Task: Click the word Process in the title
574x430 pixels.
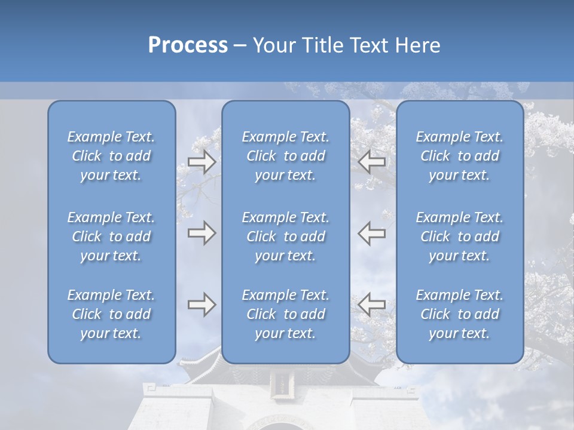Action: pyautogui.click(x=188, y=45)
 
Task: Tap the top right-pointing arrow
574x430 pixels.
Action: pyautogui.click(x=202, y=161)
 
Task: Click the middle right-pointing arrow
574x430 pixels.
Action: pyautogui.click(x=202, y=232)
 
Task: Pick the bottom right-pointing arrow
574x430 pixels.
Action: pyautogui.click(x=202, y=305)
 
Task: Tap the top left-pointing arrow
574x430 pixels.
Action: pyautogui.click(x=372, y=161)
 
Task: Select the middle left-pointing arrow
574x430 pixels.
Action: pyautogui.click(x=372, y=232)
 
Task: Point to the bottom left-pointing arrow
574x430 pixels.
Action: pyautogui.click(x=372, y=305)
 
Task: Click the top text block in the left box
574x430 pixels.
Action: pyautogui.click(x=111, y=156)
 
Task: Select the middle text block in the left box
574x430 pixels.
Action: pyautogui.click(x=111, y=236)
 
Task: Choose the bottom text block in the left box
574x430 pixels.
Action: pyautogui.click(x=111, y=314)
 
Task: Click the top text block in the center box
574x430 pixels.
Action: pyautogui.click(x=286, y=156)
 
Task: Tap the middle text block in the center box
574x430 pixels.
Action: pyautogui.click(x=286, y=236)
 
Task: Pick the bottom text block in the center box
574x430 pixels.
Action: pyautogui.click(x=286, y=314)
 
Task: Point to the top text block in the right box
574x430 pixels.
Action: pyautogui.click(x=460, y=156)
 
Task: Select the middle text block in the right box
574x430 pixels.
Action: pyautogui.click(x=460, y=236)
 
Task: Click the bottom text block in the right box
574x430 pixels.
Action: pyautogui.click(x=460, y=314)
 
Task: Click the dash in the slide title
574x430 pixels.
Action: pyautogui.click(x=240, y=45)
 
